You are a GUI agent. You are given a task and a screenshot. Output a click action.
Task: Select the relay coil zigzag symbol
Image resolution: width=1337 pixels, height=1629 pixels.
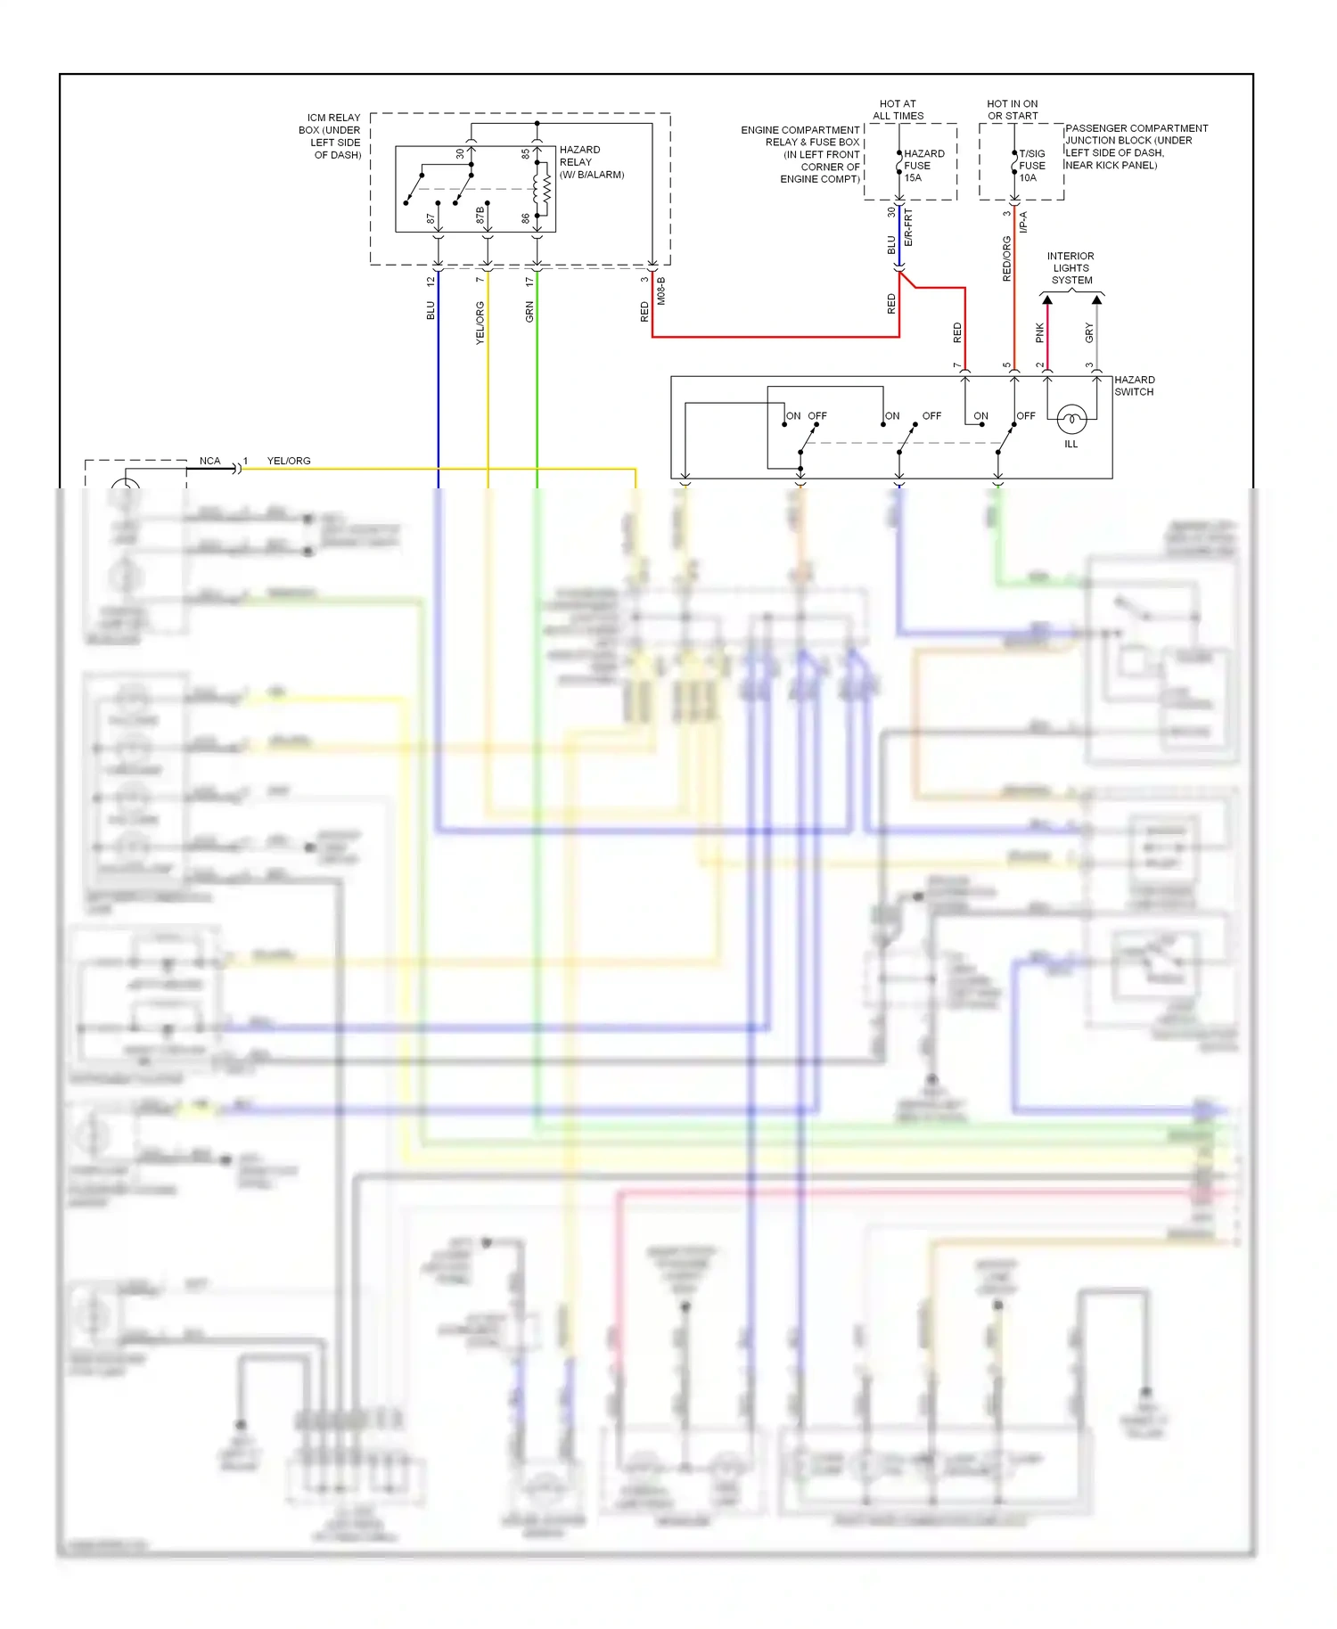546,188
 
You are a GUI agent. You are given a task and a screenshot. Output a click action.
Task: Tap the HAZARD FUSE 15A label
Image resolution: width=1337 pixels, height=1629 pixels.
923,166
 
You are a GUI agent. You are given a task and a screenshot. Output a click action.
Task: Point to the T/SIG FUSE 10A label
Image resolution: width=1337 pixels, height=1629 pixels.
1031,166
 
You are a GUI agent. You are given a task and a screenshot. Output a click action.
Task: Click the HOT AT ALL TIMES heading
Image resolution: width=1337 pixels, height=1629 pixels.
898,110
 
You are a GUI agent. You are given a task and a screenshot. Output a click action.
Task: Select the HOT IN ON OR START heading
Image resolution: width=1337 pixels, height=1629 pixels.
1013,110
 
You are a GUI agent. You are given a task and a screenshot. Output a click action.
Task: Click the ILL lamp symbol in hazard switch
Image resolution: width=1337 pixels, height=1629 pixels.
1070,418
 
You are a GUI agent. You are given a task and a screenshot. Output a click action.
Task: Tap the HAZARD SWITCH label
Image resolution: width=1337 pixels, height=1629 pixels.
1134,386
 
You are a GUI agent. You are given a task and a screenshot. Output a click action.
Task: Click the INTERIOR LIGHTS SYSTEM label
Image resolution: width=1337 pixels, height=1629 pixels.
1070,268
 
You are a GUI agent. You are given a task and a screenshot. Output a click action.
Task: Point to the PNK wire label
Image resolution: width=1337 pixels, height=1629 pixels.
1039,333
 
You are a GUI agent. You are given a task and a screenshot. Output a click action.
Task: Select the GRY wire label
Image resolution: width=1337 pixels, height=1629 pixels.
1089,333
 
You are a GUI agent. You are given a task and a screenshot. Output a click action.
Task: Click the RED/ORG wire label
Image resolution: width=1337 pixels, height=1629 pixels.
1007,258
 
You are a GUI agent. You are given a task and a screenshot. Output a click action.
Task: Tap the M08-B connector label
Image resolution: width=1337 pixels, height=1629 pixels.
661,291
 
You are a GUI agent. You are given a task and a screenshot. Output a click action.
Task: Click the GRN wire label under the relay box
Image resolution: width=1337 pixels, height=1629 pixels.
529,312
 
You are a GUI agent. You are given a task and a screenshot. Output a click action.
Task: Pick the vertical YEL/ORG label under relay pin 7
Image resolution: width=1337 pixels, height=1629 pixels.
480,323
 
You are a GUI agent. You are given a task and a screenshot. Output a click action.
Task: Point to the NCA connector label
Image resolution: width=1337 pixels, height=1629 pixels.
209,461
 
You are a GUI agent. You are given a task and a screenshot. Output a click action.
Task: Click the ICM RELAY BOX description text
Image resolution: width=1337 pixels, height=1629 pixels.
332,136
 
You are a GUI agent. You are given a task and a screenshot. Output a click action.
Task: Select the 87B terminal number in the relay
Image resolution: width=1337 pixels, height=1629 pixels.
480,215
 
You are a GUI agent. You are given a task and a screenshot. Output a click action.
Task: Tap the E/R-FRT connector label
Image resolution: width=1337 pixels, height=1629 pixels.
908,228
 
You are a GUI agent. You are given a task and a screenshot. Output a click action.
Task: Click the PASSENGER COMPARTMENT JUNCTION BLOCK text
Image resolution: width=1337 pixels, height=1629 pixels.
1135,146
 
